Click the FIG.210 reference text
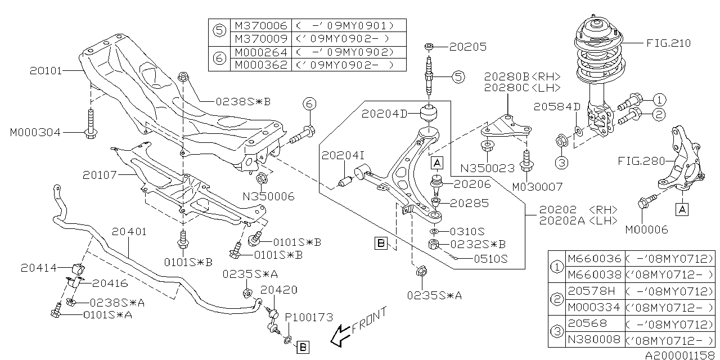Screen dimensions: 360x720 [667, 43]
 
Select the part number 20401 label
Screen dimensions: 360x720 [129, 231]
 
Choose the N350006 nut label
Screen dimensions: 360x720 [268, 196]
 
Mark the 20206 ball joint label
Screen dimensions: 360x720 [472, 184]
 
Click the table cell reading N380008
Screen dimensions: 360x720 [595, 339]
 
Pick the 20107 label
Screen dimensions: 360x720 [98, 175]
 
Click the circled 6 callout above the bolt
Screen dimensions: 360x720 [309, 103]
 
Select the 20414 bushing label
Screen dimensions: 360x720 [39, 268]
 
